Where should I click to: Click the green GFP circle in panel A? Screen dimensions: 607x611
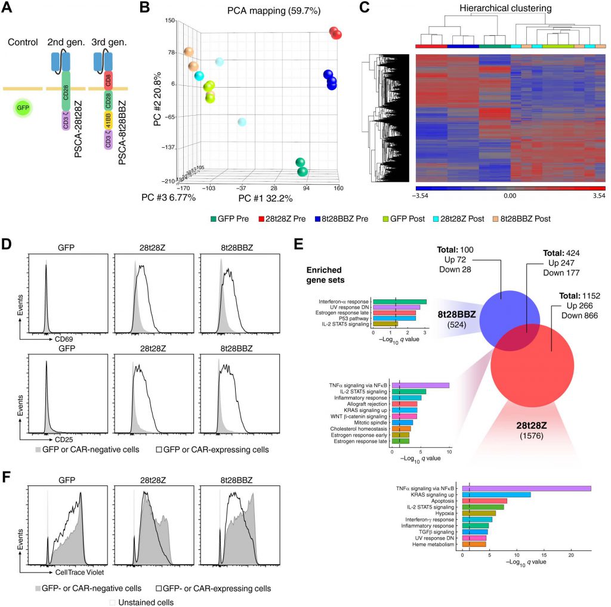coord(23,109)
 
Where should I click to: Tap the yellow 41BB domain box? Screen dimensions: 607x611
coord(109,125)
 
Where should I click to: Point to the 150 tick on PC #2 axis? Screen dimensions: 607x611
coord(170,20)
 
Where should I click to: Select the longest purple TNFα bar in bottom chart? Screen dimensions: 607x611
coord(526,488)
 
